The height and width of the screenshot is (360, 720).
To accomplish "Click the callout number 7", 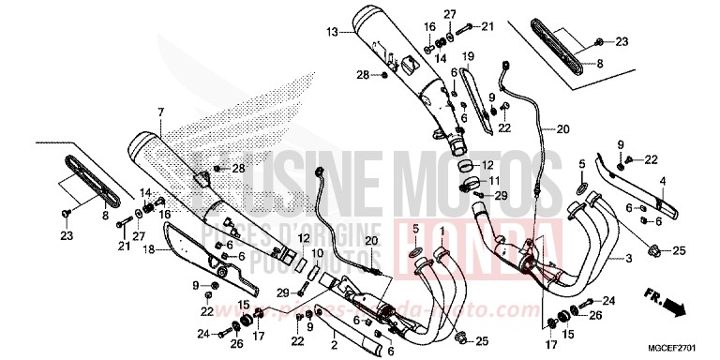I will click(160, 112).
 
